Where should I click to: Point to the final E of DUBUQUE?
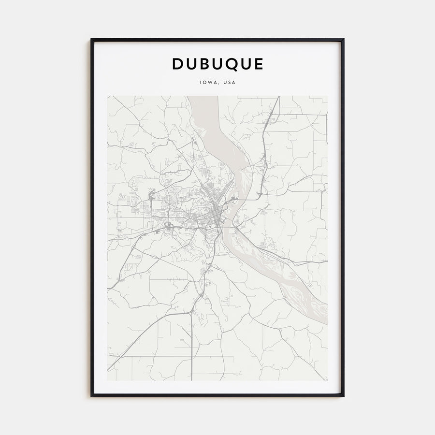(259, 64)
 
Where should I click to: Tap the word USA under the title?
(230, 82)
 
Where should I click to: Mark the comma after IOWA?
(218, 84)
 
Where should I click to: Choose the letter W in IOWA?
(209, 82)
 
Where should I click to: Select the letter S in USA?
(230, 82)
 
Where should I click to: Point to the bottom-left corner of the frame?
(91, 396)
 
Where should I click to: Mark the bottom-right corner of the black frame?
(344, 396)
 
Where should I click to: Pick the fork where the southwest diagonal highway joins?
(191, 313)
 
